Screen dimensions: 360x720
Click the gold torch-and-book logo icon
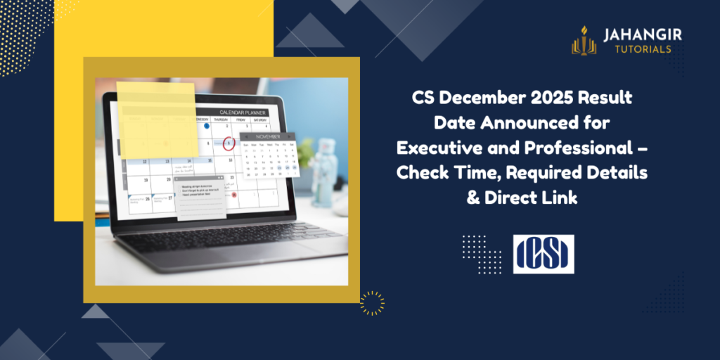coord(583,40)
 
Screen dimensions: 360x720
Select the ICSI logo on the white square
coord(543,254)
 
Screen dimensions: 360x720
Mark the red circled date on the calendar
coord(229,144)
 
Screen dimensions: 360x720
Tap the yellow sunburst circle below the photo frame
coord(372,303)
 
